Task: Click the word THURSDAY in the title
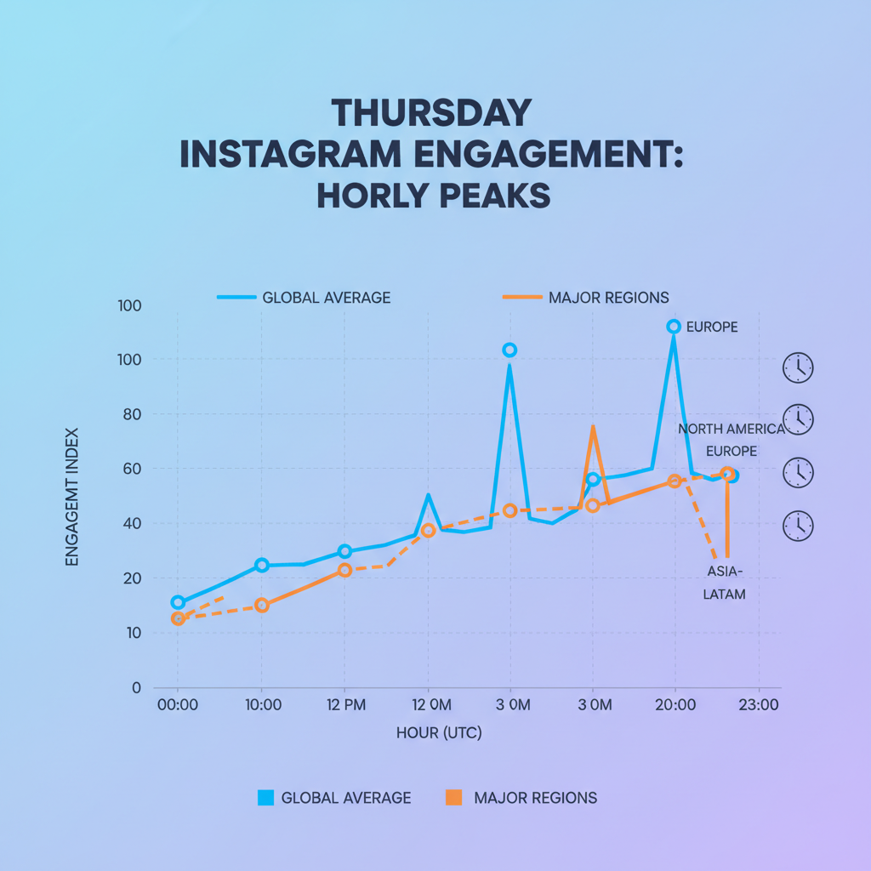tap(430, 114)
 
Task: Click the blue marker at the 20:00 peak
tap(674, 327)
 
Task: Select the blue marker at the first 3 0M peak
tap(510, 350)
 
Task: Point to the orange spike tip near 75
tap(593, 427)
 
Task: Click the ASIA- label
tap(725, 571)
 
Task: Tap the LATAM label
tap(724, 595)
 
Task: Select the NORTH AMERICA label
tap(731, 429)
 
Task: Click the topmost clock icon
tap(797, 368)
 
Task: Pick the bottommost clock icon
tap(797, 526)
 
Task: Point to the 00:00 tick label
tap(178, 705)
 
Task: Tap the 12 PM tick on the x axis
tap(344, 705)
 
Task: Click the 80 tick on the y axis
tap(133, 414)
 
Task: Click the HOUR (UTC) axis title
tap(439, 733)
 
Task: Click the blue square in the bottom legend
tap(265, 798)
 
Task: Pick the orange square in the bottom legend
tap(453, 798)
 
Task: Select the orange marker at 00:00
tap(178, 618)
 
